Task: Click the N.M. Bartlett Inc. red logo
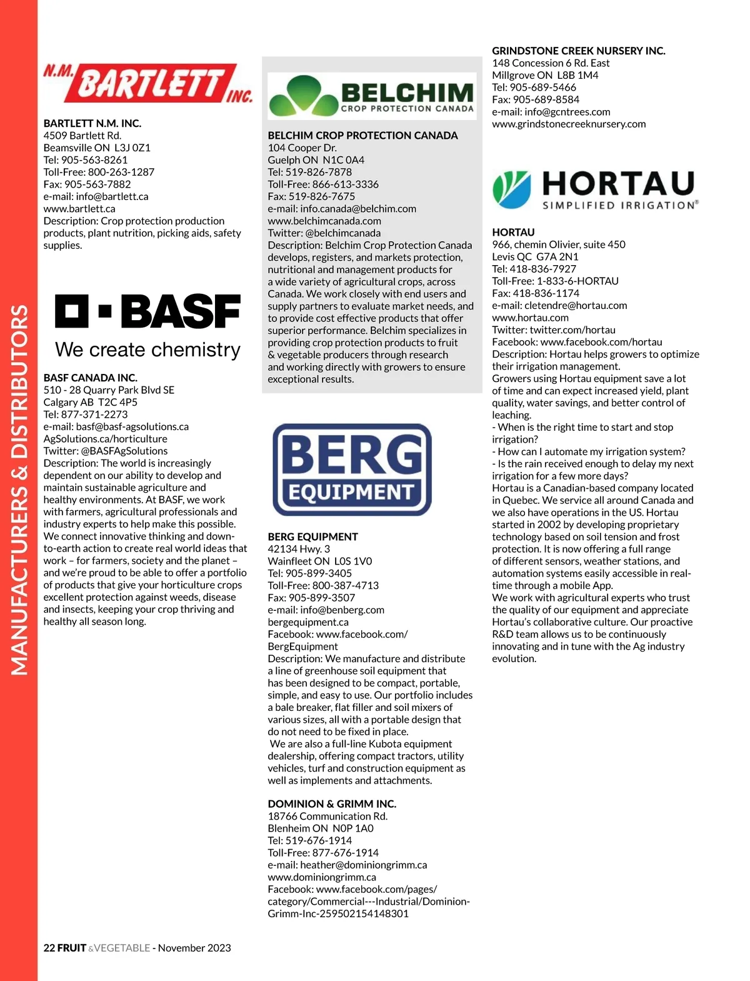pos(147,84)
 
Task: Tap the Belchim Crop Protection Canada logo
pos(371,96)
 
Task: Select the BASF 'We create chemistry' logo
pos(147,326)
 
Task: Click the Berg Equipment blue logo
pos(352,470)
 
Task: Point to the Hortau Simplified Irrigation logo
pos(595,189)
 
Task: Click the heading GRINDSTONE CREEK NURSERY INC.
pos(578,51)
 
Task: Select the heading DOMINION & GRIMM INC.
pos(332,803)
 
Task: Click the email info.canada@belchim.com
pos(357,209)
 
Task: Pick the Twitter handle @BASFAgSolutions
pos(124,451)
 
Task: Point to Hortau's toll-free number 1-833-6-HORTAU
pos(577,281)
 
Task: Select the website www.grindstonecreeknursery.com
pos(569,124)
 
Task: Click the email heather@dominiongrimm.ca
pos(363,865)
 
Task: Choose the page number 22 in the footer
pos(49,948)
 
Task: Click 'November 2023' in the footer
pos(194,948)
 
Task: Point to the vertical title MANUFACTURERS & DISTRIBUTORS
pos(19,490)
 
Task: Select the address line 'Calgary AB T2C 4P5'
pos(90,402)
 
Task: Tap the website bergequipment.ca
pos(308,622)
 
